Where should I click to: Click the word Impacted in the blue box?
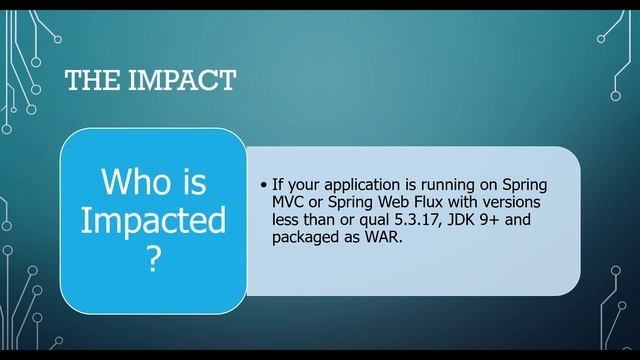click(x=153, y=221)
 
